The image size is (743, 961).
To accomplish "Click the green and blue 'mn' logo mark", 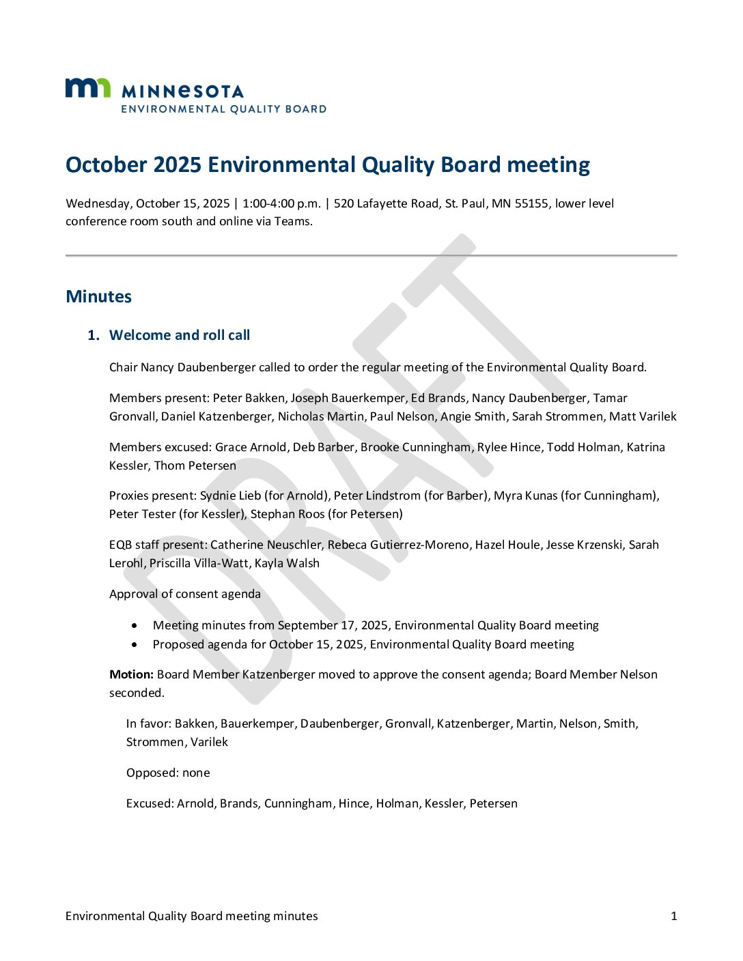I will point(87,88).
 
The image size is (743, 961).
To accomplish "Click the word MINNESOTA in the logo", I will point(182,91).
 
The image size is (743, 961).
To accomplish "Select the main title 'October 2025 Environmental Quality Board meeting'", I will point(328,164).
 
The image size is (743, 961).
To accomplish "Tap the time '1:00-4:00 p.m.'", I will point(281,203).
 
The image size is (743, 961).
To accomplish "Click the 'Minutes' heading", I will point(98,296).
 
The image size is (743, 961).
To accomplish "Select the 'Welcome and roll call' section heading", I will point(180,335).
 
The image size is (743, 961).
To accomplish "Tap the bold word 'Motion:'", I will point(131,674).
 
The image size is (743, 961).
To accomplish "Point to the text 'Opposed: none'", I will point(168,773).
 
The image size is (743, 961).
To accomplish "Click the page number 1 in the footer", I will point(674,916).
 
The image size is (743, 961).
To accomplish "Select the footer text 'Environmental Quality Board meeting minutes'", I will point(191,916).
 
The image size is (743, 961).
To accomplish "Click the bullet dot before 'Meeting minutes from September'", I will point(135,625).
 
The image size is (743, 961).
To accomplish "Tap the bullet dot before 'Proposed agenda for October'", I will point(135,644).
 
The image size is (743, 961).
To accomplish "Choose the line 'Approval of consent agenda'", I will point(184,594).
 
